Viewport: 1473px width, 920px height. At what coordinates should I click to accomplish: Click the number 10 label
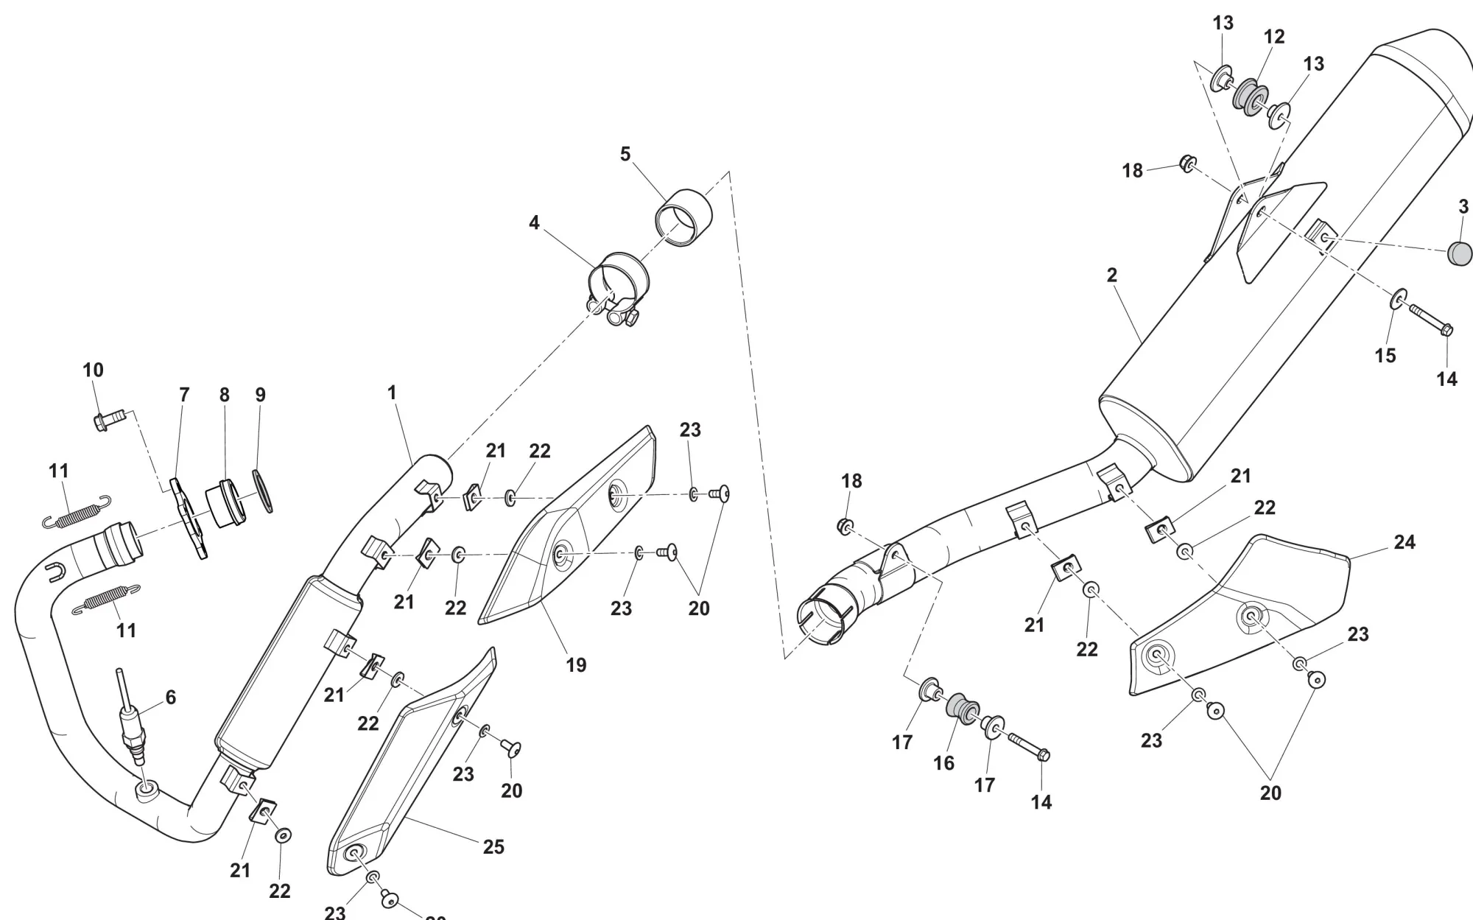(x=93, y=370)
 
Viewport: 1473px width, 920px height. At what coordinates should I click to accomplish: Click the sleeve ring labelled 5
(x=685, y=218)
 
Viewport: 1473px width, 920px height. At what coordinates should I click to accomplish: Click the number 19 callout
(x=576, y=664)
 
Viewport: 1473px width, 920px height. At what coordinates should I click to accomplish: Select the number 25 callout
(x=493, y=846)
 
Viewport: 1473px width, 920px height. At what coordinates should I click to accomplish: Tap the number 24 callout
(x=1405, y=542)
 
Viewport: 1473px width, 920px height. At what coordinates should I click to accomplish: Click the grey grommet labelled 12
(x=1248, y=96)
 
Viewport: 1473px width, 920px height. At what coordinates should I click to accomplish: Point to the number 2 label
(x=1111, y=275)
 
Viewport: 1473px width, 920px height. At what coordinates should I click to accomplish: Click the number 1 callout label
(x=392, y=393)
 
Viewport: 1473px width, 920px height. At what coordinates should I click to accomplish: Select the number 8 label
(x=225, y=395)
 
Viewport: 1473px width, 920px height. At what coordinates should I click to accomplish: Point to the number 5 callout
(x=625, y=154)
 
